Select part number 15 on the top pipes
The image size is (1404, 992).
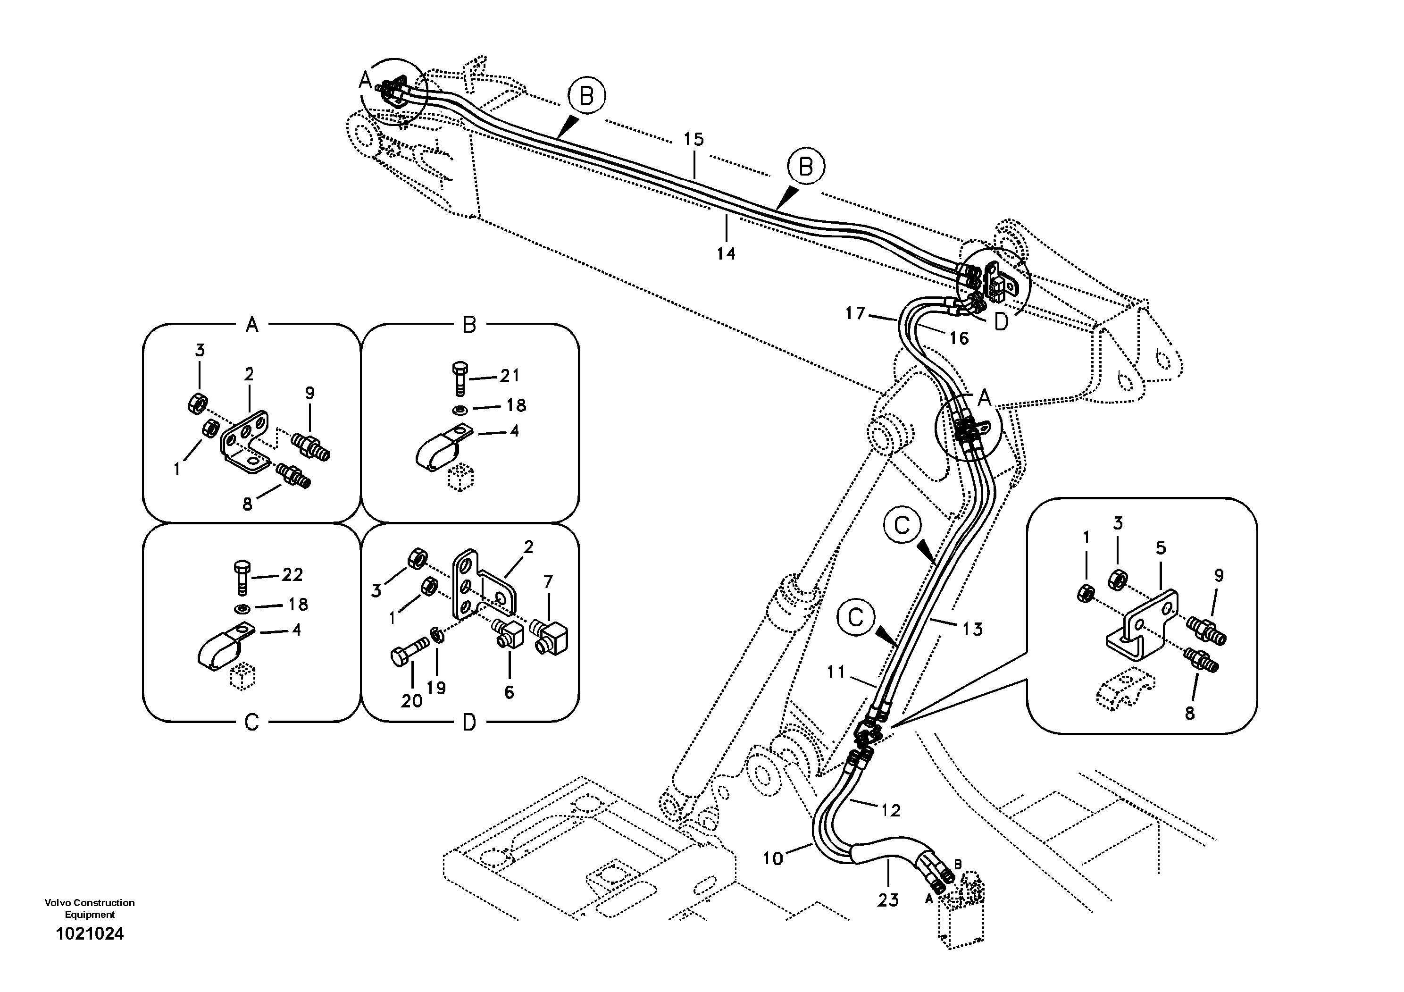(694, 139)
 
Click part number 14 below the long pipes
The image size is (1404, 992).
(726, 253)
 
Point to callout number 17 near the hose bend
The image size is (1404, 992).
(855, 314)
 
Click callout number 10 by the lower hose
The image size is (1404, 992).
(773, 858)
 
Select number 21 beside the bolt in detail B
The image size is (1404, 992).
(510, 376)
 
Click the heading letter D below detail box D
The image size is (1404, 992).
(469, 723)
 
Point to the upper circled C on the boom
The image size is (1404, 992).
(902, 525)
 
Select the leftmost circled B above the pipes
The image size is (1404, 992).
(586, 96)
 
